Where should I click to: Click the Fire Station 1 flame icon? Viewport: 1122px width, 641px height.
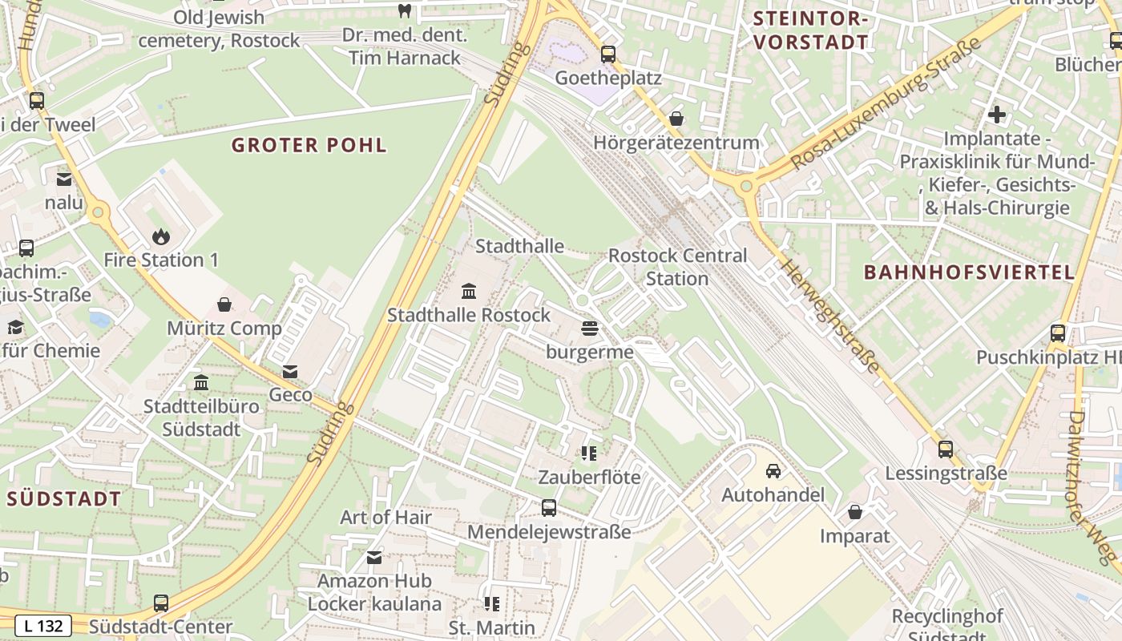tap(161, 236)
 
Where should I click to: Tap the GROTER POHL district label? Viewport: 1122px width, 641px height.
tap(309, 145)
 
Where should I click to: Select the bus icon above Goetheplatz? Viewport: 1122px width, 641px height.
tap(608, 54)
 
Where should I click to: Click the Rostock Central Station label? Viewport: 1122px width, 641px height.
tap(677, 267)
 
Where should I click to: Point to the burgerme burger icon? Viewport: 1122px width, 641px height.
tap(590, 329)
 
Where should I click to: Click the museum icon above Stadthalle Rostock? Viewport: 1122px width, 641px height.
tap(469, 291)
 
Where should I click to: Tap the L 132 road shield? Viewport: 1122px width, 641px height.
tap(44, 626)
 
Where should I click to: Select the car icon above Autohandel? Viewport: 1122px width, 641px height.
tap(773, 471)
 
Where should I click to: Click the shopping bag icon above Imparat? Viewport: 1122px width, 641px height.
tap(855, 512)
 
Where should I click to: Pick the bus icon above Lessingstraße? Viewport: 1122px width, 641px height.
tap(946, 450)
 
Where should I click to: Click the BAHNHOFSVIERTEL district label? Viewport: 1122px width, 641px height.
tap(969, 272)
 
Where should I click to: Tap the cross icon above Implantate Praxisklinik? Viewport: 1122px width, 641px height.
tap(996, 115)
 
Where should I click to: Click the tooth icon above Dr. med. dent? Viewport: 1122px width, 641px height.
tap(404, 11)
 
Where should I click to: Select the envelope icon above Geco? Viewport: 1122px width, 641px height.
tap(290, 372)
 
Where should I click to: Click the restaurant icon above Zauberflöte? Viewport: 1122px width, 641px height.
tap(589, 454)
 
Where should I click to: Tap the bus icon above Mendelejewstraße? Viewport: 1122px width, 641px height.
tap(549, 508)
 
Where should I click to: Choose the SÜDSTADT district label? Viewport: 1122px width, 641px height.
tap(64, 498)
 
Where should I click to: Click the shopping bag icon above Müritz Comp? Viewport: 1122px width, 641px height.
tap(224, 304)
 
